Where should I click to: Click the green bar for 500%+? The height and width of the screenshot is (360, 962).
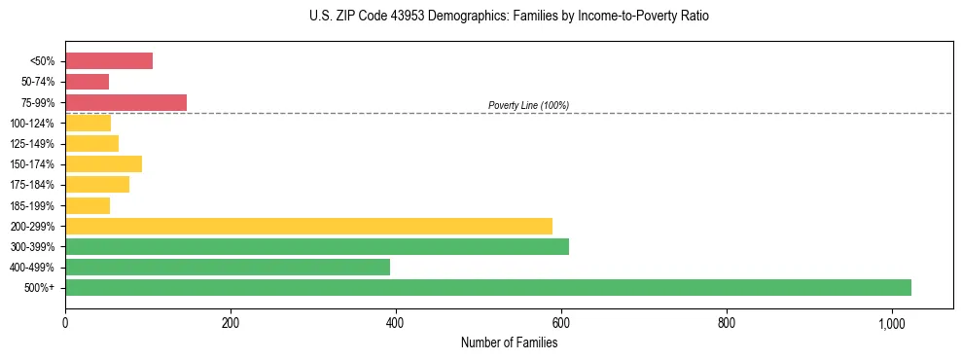pos(487,288)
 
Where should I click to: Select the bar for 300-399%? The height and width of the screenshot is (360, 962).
pos(317,247)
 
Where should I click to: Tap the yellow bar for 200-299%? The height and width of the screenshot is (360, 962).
pos(308,226)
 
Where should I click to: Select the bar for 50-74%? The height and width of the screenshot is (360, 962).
pos(88,82)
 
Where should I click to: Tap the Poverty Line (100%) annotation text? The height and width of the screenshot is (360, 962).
pos(528,105)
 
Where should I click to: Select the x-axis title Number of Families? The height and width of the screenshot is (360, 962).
pos(509,342)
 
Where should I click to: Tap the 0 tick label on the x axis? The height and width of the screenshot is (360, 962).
pos(65,323)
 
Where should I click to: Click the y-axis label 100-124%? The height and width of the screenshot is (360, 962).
pos(33,124)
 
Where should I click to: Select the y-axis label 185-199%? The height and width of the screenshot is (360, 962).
pos(33,206)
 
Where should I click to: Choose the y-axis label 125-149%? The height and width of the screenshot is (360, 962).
pos(33,144)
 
